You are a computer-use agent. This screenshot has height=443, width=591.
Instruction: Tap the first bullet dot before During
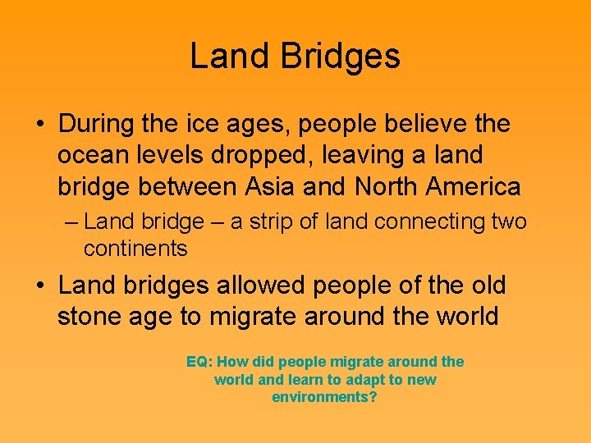click(39, 126)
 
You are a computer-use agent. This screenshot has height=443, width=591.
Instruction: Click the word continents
click(135, 249)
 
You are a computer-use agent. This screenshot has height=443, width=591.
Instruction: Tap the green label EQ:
click(200, 362)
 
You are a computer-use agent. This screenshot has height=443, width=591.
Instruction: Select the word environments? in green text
click(325, 398)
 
